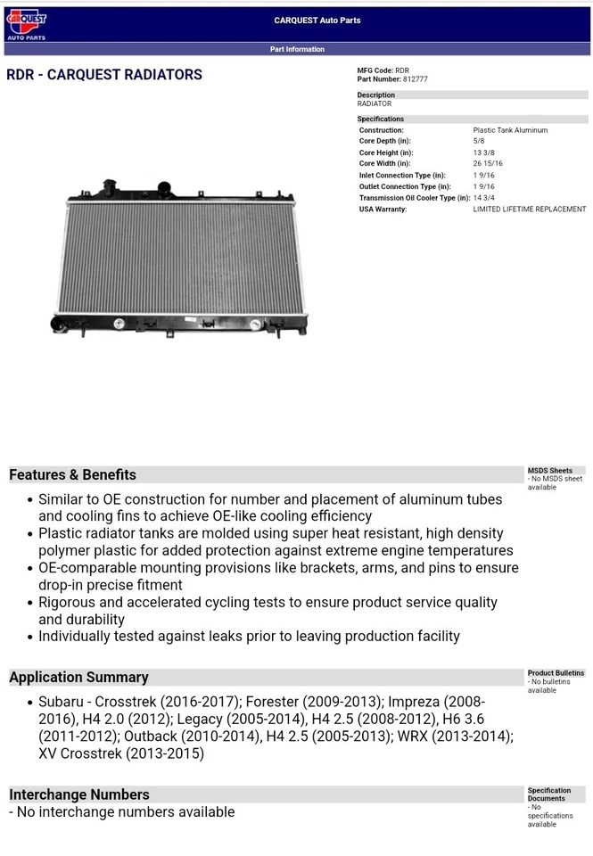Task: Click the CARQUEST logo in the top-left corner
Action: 26,24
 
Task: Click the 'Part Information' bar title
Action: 297,49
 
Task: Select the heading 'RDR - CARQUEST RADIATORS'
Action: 104,75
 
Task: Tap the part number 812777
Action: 415,79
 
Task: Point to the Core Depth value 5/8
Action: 479,141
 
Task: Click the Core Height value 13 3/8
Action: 483,152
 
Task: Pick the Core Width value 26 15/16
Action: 488,164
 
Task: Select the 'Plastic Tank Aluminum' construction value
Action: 510,130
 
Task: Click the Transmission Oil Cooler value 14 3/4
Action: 483,198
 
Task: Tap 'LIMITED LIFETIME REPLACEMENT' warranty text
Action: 529,210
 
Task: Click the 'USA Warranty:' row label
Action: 383,210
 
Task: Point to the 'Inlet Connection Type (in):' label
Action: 402,176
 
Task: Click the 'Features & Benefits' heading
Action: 72,474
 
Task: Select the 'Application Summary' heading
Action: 78,677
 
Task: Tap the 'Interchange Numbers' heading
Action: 79,794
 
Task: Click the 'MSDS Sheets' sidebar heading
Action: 549,471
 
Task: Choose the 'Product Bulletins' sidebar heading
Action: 556,673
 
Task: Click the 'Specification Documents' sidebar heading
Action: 549,794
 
